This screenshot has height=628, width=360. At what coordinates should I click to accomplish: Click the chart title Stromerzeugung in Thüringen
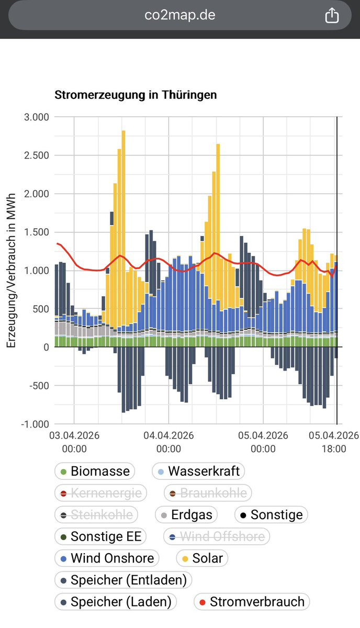pos(136,95)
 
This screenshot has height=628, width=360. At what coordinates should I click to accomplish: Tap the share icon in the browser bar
pos(332,16)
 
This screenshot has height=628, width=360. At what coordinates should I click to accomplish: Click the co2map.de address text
pos(180,15)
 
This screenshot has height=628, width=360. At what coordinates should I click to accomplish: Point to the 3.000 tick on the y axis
pos(37,117)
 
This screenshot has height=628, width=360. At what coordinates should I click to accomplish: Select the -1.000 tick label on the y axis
pos(35,424)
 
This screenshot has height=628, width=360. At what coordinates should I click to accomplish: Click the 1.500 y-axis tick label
pos(37,232)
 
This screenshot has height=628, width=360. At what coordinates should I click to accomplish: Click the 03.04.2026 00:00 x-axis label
pos(74,442)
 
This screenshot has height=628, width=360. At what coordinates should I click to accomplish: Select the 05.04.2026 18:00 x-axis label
pos(333,442)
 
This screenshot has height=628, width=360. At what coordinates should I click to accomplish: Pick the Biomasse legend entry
pos(94,471)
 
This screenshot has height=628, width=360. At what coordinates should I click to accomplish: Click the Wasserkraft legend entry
pos(198,471)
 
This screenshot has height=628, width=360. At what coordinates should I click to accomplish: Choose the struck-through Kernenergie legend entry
pos(101,493)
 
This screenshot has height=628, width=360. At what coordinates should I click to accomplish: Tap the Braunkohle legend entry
pos(208,493)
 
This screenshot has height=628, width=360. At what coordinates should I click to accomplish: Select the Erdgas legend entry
pos(186,515)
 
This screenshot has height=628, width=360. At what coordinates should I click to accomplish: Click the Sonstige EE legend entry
pos(101,536)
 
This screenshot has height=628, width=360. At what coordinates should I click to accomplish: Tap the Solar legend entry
pos(202,558)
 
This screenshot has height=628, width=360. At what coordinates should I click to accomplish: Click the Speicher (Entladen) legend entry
pos(123,580)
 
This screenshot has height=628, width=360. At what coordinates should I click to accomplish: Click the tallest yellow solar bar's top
pos(123,131)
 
